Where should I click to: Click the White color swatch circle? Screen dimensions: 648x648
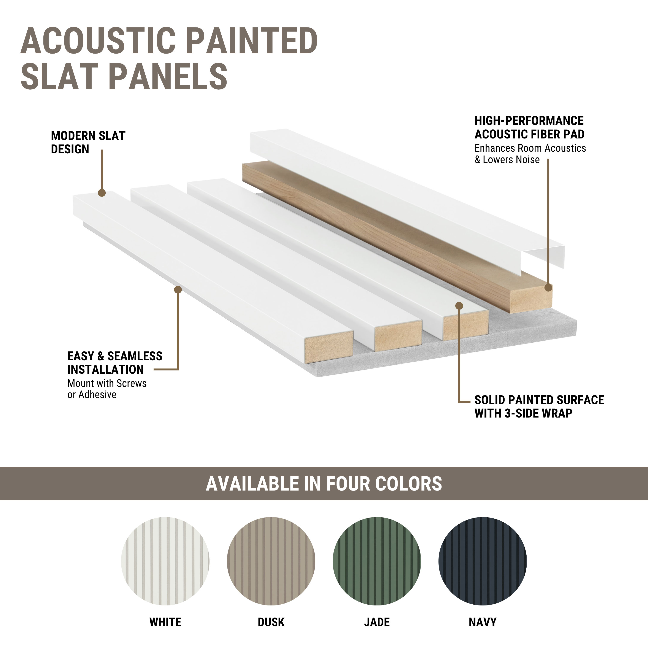click(x=165, y=561)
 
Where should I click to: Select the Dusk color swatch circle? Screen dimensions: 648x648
click(x=271, y=561)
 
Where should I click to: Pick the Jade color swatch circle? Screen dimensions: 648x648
click(x=377, y=561)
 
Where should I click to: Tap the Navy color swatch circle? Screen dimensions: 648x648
click(x=483, y=561)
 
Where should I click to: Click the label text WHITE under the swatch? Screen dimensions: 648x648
click(x=165, y=622)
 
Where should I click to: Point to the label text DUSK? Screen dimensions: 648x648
click(x=271, y=622)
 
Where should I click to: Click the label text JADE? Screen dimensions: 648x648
click(x=377, y=622)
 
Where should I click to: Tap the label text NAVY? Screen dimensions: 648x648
click(x=483, y=622)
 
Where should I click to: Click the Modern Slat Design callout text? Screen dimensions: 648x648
click(x=88, y=142)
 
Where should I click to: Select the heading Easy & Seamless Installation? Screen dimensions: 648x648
click(x=115, y=363)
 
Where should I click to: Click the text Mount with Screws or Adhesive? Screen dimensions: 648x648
click(x=107, y=389)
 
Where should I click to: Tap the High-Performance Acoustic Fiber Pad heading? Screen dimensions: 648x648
click(x=529, y=127)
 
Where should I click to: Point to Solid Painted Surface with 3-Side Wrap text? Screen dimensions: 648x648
click(x=539, y=407)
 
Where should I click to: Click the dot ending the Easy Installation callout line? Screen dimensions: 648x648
click(x=178, y=289)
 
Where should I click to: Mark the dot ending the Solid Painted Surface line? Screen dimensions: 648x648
click(x=459, y=306)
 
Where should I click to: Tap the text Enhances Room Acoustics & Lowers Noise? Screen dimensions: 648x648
click(x=530, y=154)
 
